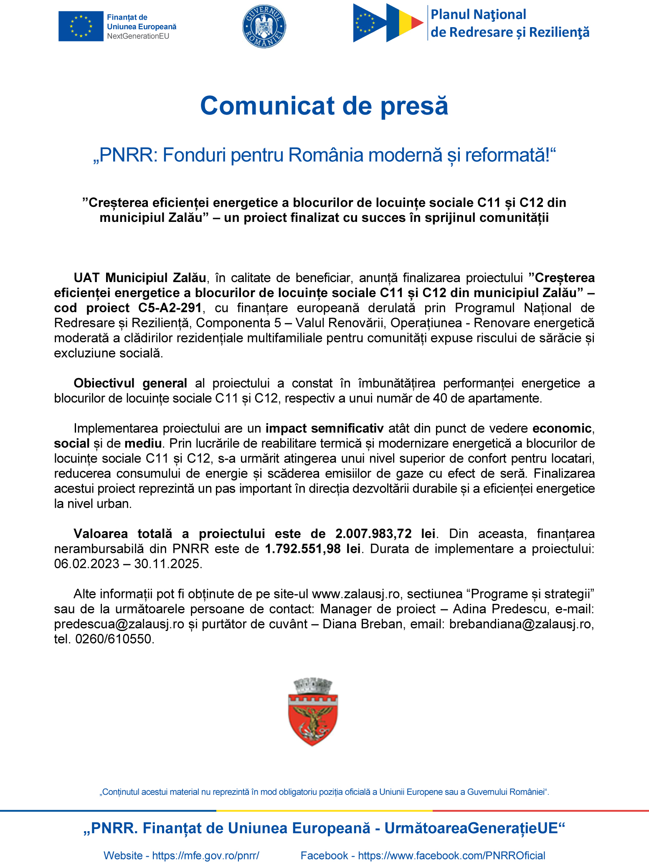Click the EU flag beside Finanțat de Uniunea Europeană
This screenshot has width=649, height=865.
click(81, 26)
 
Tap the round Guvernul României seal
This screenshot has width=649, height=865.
click(264, 26)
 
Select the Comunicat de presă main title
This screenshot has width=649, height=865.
click(324, 106)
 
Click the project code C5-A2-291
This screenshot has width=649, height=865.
click(170, 308)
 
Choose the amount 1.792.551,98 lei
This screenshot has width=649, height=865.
click(313, 549)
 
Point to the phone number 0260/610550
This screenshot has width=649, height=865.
click(114, 639)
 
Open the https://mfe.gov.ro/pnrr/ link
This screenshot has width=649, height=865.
click(205, 855)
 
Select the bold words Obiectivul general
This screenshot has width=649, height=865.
click(130, 383)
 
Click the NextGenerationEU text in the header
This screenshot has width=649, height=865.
click(138, 36)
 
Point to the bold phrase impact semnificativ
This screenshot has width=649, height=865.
click(324, 428)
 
